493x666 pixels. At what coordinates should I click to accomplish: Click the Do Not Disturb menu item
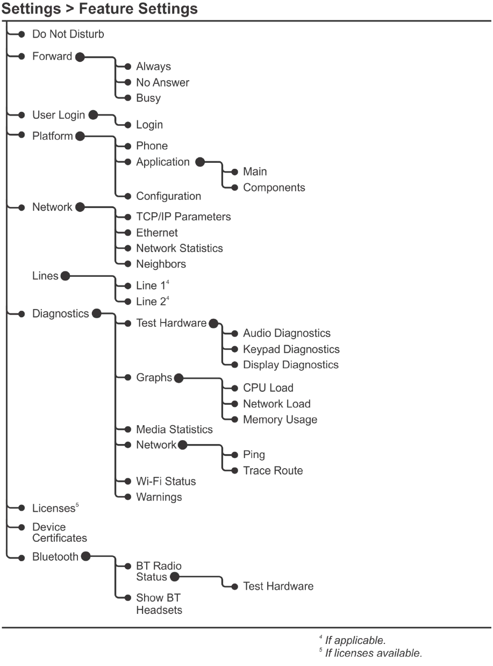[68, 34]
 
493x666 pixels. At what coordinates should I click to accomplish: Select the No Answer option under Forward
[162, 83]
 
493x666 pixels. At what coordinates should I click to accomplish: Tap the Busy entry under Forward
[148, 98]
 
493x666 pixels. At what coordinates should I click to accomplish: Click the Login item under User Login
[149, 125]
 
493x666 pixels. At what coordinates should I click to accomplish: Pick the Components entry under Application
[274, 188]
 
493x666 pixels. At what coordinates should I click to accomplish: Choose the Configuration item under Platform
[168, 196]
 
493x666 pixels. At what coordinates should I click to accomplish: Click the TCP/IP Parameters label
[183, 217]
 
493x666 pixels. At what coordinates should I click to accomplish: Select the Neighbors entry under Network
[161, 264]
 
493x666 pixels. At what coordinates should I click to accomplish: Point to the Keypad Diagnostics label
[291, 349]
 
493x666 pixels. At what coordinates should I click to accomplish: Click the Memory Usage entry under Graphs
[280, 419]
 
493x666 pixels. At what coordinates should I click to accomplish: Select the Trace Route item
[273, 470]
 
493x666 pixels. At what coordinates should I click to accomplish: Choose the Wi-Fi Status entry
[166, 481]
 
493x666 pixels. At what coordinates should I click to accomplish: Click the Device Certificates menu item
[59, 532]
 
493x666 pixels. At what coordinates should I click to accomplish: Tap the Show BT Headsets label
[159, 603]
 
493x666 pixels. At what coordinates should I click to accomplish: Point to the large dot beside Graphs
[179, 378]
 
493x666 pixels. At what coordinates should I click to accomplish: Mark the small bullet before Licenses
[21, 507]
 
